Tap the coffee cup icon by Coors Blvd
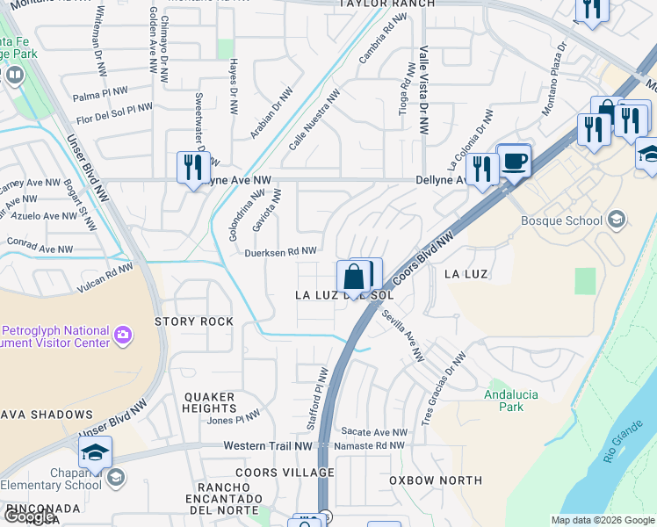(x=515, y=160)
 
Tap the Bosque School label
(x=563, y=220)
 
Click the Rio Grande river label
(x=621, y=443)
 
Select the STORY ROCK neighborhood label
(x=194, y=321)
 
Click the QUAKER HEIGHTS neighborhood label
(x=210, y=402)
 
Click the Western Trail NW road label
(x=268, y=446)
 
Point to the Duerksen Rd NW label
(x=281, y=251)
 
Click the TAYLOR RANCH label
(x=387, y=4)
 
